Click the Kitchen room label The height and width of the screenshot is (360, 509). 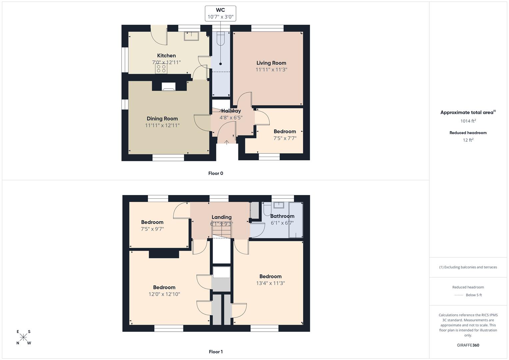[166, 56]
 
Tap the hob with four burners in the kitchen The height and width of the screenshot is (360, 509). [161, 68]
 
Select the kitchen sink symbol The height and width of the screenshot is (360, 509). [191, 36]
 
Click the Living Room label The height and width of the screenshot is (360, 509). [271, 63]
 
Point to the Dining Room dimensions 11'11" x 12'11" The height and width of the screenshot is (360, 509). [162, 126]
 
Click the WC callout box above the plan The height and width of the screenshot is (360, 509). [220, 13]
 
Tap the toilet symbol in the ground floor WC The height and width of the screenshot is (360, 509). [221, 39]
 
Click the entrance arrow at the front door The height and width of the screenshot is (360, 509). [227, 142]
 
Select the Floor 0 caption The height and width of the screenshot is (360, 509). [216, 173]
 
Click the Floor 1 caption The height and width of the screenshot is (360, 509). [216, 352]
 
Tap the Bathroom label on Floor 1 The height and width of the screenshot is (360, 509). [282, 216]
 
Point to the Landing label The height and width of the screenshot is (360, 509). [221, 217]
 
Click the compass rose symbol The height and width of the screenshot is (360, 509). [24, 337]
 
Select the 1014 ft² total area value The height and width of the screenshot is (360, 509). [468, 121]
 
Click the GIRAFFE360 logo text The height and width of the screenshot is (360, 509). [468, 345]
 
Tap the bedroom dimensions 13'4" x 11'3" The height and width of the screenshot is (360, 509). [270, 283]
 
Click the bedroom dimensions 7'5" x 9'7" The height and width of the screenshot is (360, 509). [152, 229]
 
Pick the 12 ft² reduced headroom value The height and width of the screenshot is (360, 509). [468, 140]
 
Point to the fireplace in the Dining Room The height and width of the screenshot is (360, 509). [169, 87]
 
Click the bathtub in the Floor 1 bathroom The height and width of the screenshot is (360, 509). [296, 220]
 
